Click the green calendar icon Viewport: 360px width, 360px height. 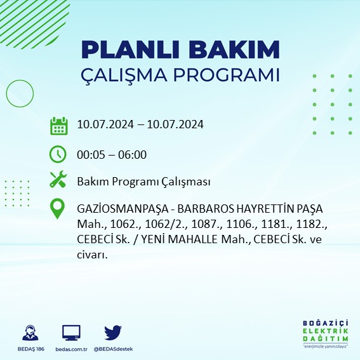point(58,125)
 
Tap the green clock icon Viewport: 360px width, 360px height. point(58,154)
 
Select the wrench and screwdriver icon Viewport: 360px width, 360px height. point(58,181)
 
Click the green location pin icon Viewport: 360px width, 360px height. point(58,209)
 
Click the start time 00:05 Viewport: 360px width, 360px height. point(90,154)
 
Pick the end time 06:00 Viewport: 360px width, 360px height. point(132,154)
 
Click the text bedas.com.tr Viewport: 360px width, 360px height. point(71,349)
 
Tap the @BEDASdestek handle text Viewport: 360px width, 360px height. point(112,349)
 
